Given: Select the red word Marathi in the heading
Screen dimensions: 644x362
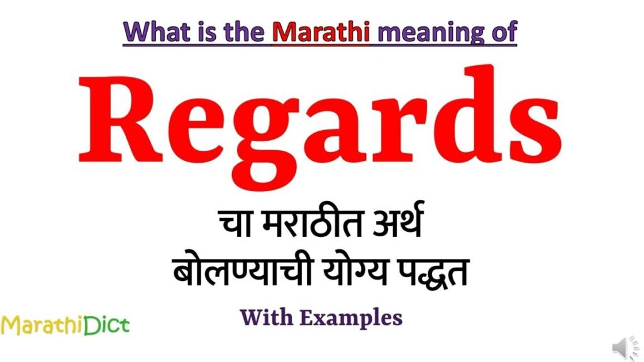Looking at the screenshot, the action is click(x=321, y=31).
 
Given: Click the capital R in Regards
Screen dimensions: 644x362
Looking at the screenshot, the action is click(x=120, y=120).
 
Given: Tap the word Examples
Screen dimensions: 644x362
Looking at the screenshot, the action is click(x=351, y=319).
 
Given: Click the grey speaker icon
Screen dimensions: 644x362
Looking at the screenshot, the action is click(x=625, y=348).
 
